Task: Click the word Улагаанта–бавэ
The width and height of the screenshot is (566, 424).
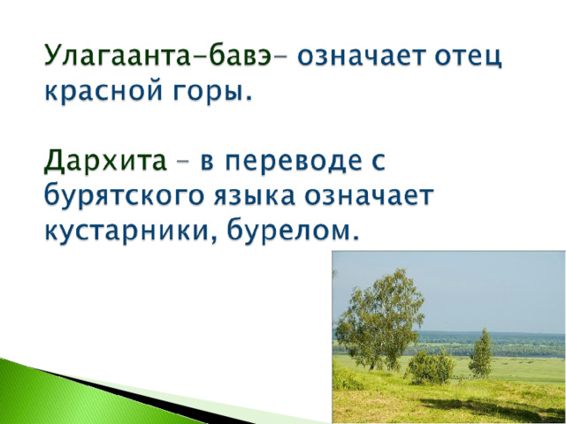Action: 157,55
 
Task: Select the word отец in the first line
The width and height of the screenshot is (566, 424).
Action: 468,57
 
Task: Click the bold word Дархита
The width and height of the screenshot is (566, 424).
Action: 105,161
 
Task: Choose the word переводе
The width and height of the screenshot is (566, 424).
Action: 293,161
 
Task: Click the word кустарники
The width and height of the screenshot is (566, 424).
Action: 130,231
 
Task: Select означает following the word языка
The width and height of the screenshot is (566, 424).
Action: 369,196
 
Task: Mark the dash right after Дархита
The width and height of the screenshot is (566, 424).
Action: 183,162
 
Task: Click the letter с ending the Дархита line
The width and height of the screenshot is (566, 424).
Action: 379,162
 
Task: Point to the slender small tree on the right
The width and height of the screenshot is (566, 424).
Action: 480,354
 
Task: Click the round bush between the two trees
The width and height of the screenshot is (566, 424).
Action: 431,367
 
